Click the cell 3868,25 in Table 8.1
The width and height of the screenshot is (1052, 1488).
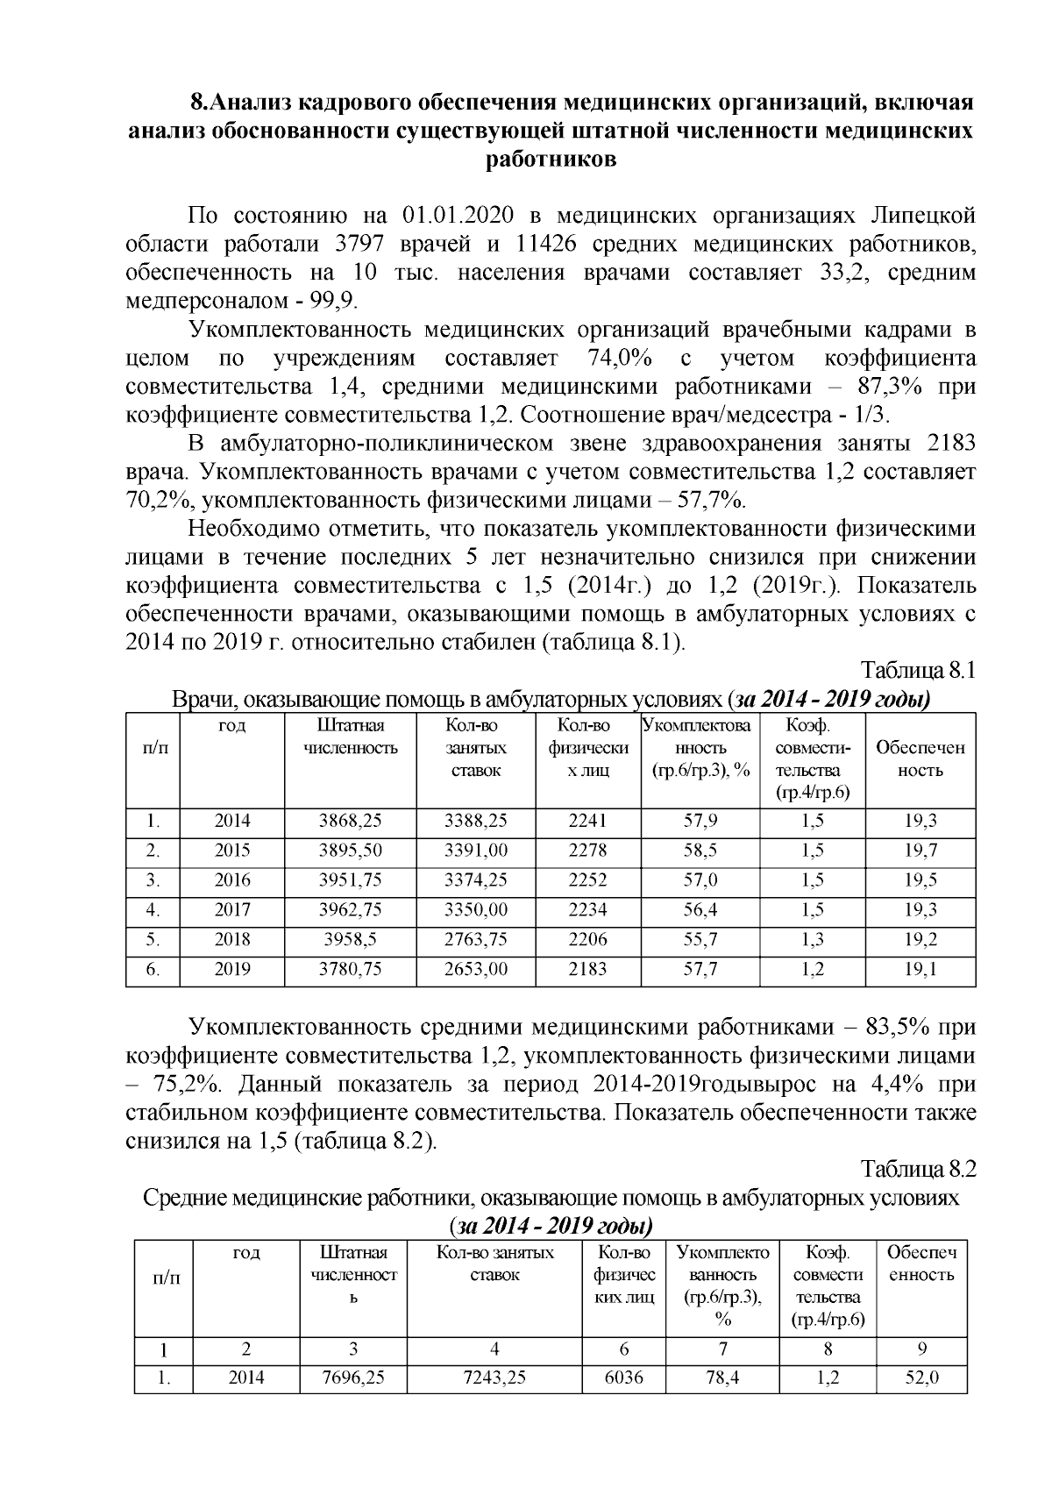(350, 822)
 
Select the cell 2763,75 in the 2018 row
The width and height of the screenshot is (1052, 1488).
(475, 940)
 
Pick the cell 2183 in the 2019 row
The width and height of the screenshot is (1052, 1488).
(587, 970)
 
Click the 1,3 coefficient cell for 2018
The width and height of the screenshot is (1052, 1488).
(812, 940)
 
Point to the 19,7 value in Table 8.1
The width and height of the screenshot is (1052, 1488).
(920, 851)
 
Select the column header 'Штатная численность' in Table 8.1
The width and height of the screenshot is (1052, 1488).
(350, 737)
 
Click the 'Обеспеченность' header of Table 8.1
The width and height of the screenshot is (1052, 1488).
(920, 759)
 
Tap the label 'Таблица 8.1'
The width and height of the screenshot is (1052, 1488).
(919, 671)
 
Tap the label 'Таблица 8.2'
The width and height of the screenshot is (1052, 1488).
(919, 1170)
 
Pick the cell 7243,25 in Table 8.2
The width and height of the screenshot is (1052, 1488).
(495, 1378)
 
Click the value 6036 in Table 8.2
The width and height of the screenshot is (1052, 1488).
(624, 1378)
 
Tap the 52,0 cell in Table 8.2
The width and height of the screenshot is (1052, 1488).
(920, 1378)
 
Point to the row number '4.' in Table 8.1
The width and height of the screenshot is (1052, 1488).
(153, 910)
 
